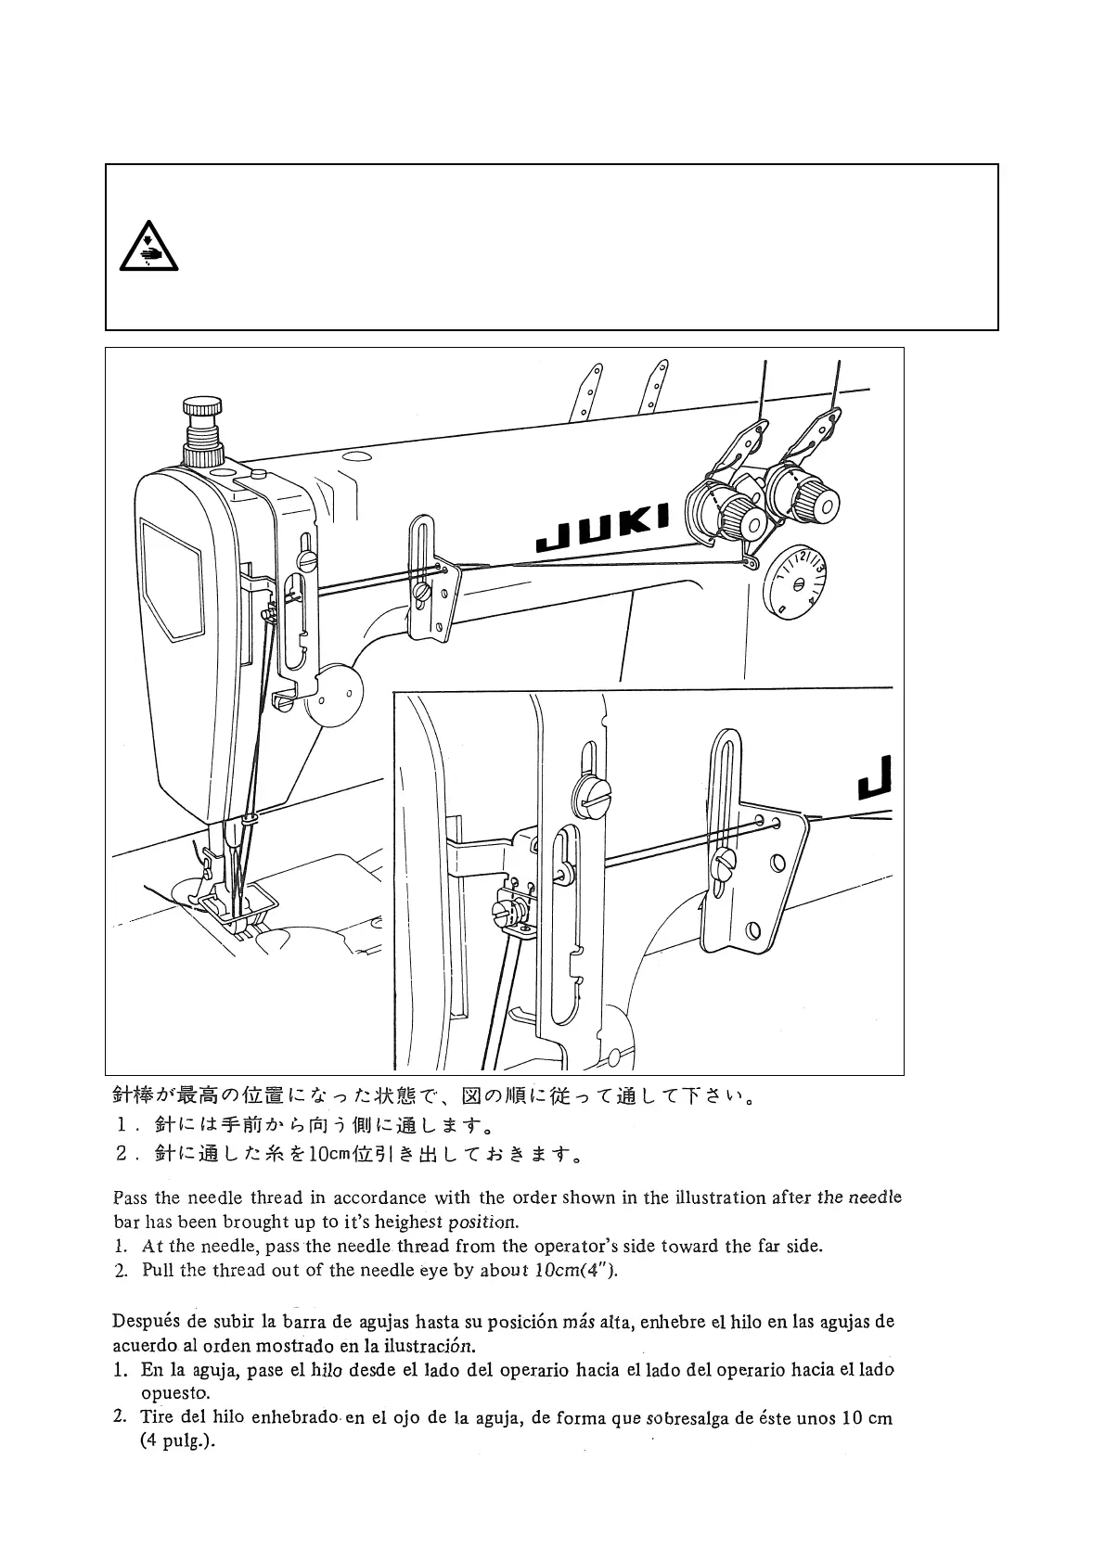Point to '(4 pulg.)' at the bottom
click(x=177, y=1443)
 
